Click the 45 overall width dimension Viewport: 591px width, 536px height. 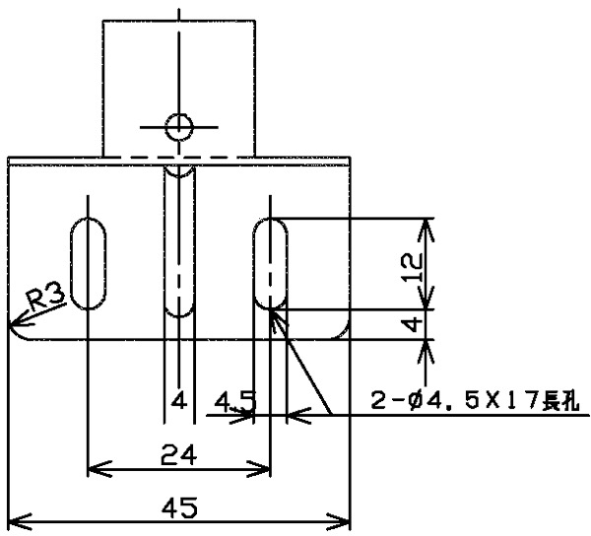(x=179, y=508)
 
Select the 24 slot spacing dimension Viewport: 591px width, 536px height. (x=178, y=455)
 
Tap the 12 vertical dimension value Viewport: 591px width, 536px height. (x=413, y=267)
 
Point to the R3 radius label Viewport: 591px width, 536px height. (x=46, y=297)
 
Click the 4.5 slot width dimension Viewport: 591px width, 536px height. (x=235, y=401)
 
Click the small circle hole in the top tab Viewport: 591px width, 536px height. (x=179, y=127)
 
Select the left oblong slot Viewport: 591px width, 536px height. (x=88, y=263)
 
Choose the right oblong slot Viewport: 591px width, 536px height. (x=270, y=263)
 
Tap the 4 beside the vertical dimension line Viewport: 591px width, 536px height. (x=415, y=324)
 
